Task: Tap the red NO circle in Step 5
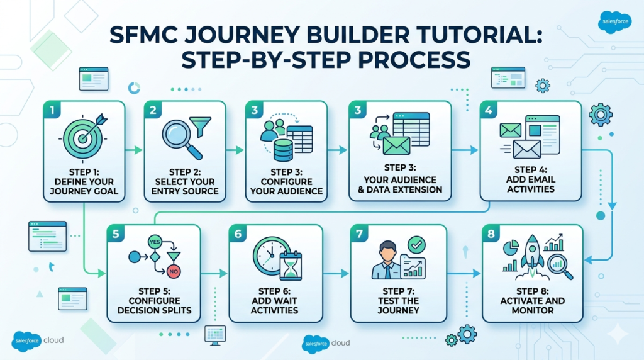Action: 174,272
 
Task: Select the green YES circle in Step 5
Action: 154,241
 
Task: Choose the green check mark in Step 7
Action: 416,244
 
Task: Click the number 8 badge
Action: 491,234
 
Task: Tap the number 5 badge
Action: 115,234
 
